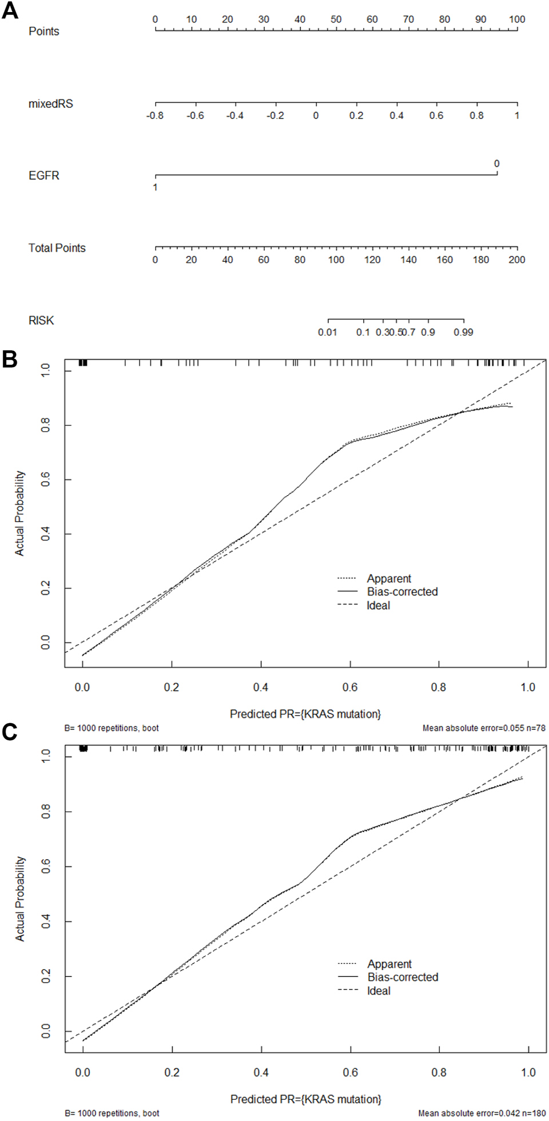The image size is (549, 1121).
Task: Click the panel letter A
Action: coord(10,10)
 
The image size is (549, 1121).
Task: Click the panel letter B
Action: coord(10,360)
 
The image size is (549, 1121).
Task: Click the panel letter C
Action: coord(10,732)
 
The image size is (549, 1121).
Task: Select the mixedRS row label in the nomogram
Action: coord(51,104)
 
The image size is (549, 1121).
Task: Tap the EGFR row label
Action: coord(44,176)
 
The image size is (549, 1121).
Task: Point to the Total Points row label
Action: coord(57,248)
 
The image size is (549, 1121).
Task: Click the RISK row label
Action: coord(41,321)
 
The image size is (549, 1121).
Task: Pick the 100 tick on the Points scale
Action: coord(517,19)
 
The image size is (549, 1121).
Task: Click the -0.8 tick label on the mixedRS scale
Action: coord(155,116)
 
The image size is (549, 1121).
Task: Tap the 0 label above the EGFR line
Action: coord(496,164)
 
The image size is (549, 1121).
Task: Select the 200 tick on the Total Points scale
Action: coord(517,260)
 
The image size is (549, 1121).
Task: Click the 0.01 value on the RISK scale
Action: coord(328,332)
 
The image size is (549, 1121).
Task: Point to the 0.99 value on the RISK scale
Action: coord(463,332)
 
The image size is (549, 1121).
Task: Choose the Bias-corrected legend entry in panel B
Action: coord(402,592)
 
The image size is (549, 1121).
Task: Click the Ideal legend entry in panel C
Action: coord(379,991)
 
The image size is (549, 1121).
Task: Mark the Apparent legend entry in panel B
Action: coord(389,579)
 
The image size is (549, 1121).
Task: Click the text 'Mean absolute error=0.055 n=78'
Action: coord(484,728)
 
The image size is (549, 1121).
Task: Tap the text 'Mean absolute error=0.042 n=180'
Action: coord(482,1114)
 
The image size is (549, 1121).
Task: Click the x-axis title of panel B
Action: coord(305,714)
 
